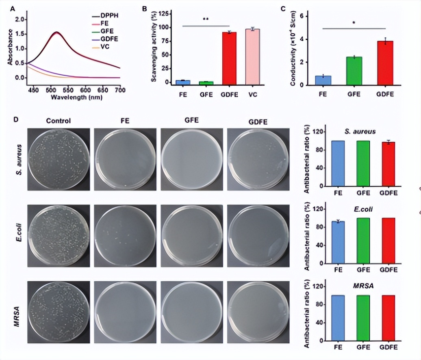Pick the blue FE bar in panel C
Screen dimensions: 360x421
[323, 80]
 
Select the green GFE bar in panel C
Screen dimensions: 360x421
[354, 71]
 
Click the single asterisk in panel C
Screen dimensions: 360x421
[354, 23]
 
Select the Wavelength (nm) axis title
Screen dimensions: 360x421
[76, 97]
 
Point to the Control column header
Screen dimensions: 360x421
[59, 120]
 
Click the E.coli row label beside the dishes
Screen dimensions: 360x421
[19, 235]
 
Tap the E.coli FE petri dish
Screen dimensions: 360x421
[125, 235]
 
